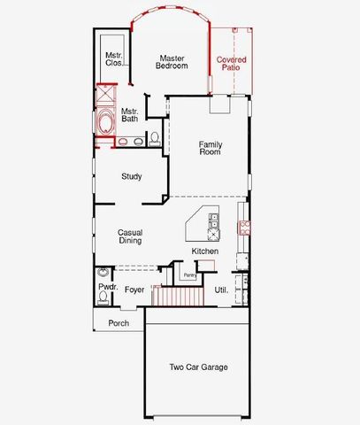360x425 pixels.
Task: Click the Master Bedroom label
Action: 172,62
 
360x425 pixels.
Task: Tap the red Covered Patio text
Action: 232,63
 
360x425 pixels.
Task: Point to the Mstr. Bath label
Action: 129,114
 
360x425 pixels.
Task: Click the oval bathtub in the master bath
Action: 105,122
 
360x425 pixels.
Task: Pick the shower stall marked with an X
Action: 105,94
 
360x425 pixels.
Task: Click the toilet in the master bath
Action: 155,138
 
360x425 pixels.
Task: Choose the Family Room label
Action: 210,148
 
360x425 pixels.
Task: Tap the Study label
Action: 131,176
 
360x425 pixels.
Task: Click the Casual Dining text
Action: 130,237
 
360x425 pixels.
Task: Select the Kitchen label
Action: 205,251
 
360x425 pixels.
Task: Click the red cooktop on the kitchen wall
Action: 244,227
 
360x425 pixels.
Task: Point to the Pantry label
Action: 190,275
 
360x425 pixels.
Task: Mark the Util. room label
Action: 221,290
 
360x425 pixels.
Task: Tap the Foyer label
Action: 134,290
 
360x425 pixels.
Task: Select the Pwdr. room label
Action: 107,289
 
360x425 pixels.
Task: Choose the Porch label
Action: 119,323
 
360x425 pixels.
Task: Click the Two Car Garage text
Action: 198,367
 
